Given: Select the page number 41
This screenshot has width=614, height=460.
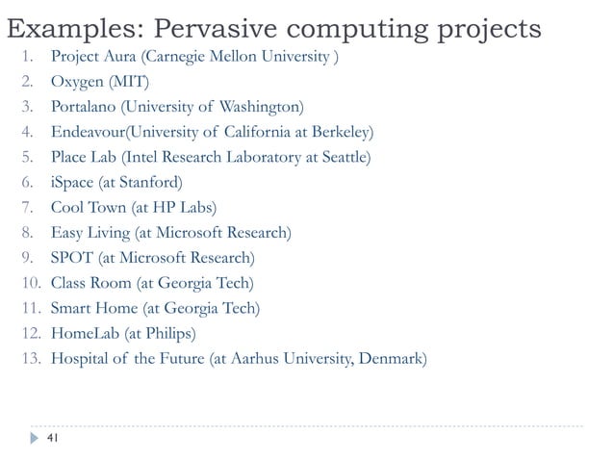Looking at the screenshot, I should click(x=53, y=439).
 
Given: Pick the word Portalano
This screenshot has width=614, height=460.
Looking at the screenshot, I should click(x=86, y=106).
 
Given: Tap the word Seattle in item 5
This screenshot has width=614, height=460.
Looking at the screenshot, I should click(x=341, y=157).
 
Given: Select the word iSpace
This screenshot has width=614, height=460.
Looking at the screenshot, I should click(x=72, y=182).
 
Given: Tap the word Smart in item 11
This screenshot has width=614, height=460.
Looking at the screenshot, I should click(x=72, y=308).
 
